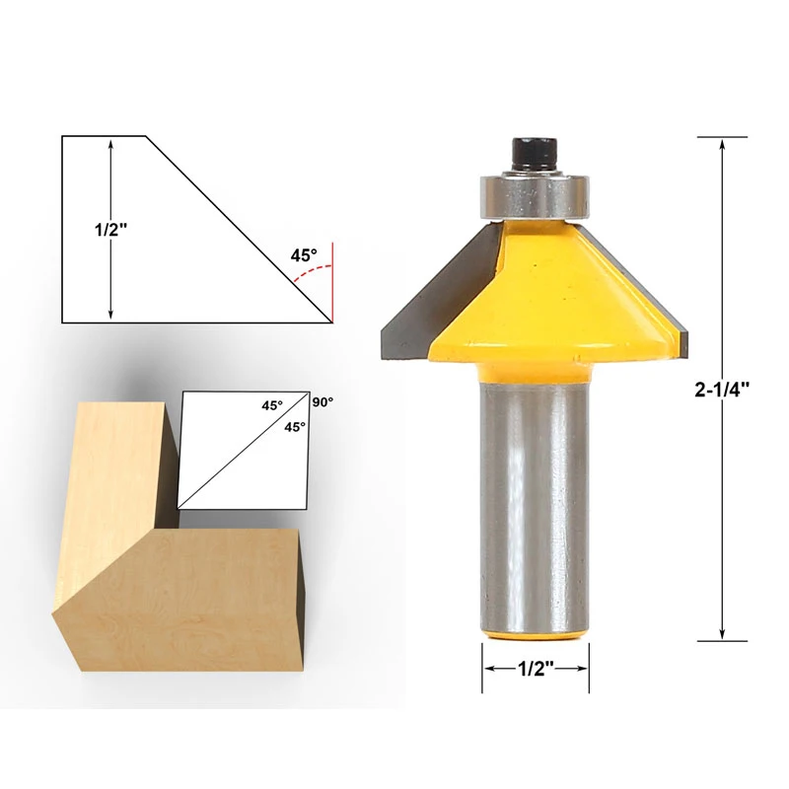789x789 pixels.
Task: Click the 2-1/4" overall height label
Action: click(x=724, y=388)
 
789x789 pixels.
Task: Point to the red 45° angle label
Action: click(x=304, y=254)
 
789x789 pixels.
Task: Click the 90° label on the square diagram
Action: click(x=323, y=402)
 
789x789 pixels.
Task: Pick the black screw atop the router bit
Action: click(x=533, y=156)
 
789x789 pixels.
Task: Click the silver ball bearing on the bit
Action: click(x=533, y=194)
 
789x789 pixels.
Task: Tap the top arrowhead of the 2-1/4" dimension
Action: click(x=723, y=144)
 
